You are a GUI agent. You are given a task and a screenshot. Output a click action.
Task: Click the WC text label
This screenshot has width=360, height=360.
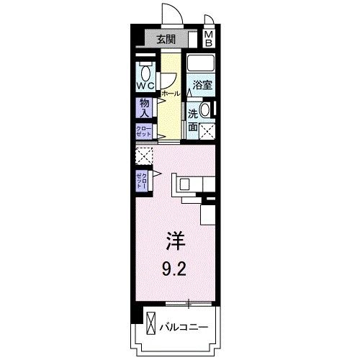click(146, 87)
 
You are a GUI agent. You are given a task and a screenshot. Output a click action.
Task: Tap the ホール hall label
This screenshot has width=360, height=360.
click(171, 94)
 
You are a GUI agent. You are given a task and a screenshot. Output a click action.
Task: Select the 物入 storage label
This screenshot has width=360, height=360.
click(144, 108)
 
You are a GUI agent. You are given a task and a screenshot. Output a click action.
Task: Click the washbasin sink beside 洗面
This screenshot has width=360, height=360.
click(206, 110)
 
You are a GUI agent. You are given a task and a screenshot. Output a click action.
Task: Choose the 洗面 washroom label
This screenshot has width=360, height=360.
click(193, 120)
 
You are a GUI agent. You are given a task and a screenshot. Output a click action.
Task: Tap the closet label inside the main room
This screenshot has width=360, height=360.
click(142, 180)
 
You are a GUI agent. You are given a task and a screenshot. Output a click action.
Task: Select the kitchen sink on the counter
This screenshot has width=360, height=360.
click(184, 184)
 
